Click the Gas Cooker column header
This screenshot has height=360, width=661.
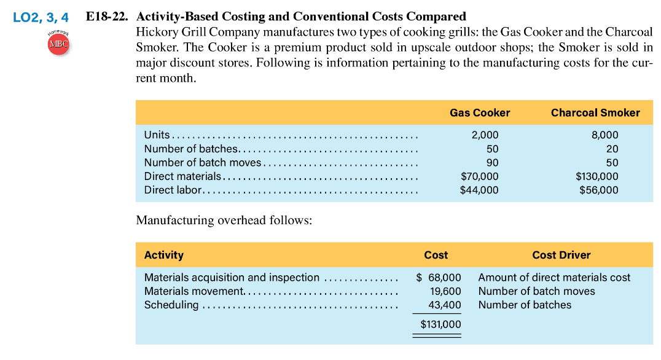pyautogui.click(x=480, y=112)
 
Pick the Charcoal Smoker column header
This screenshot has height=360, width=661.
pyautogui.click(x=595, y=112)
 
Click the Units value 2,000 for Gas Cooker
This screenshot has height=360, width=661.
pyautogui.click(x=485, y=135)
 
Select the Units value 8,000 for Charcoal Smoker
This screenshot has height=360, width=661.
pyautogui.click(x=604, y=135)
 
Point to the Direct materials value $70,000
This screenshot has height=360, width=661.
pyautogui.click(x=479, y=176)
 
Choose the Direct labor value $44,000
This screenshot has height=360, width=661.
pyautogui.click(x=479, y=190)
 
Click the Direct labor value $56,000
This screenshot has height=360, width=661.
pyautogui.click(x=599, y=190)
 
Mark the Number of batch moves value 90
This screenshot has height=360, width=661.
pyautogui.click(x=491, y=163)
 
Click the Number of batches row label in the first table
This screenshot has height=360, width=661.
pyautogui.click(x=191, y=149)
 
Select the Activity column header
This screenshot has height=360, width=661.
pyautogui.click(x=164, y=255)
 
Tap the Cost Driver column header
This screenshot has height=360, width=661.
pyautogui.click(x=561, y=255)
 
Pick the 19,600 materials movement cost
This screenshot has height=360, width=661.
pyautogui.click(x=444, y=291)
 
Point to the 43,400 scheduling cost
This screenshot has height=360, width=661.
pyautogui.click(x=444, y=305)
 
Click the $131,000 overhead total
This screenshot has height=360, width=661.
pyautogui.click(x=440, y=324)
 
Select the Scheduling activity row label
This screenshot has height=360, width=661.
pyautogui.click(x=171, y=305)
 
